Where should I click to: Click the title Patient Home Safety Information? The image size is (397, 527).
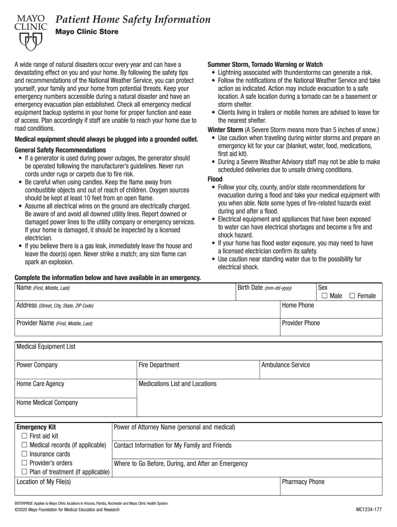pos(133,20)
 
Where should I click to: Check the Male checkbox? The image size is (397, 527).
pos(324,296)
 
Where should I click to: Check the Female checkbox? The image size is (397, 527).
pos(353,296)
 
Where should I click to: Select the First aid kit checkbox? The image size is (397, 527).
pos(24,436)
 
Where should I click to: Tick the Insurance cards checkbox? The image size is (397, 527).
pos(24,454)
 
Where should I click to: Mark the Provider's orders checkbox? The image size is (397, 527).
pos(24,463)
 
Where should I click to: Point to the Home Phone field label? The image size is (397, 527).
pos(298,305)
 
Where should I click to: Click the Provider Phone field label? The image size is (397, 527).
pos(301,323)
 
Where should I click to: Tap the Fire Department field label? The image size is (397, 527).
pos(159,365)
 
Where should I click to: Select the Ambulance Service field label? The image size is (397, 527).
pos(286,365)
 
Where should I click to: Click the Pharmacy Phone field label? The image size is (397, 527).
pos(304,482)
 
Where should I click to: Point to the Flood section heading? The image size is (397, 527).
pos(215,179)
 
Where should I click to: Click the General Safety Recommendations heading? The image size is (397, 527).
pos(63,150)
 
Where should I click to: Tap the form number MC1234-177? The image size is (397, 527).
pos(368,510)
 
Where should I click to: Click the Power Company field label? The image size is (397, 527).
pos(37,365)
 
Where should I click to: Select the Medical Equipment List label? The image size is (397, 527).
pos(46,346)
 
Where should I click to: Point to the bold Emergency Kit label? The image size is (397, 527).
pos(36,427)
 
